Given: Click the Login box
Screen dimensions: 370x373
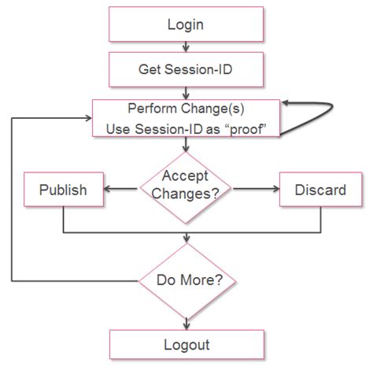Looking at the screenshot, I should [186, 24].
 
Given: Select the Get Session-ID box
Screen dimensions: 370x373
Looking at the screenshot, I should [186, 70].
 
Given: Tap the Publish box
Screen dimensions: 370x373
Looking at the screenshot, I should [63, 190].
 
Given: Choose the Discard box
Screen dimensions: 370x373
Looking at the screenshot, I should [319, 190].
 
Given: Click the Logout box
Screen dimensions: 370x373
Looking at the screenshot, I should [186, 344].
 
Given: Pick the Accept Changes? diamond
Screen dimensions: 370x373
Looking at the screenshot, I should [186, 185].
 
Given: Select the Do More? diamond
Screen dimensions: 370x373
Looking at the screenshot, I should [186, 279].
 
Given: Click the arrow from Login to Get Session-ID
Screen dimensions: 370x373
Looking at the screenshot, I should [186, 46].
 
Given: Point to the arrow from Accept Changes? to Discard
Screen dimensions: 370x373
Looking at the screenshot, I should [256, 189].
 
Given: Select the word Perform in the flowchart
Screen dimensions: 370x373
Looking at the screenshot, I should [150, 109].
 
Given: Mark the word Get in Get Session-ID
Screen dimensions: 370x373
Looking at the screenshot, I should [150, 70].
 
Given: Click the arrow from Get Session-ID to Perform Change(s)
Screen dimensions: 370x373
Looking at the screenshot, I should [186, 93].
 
